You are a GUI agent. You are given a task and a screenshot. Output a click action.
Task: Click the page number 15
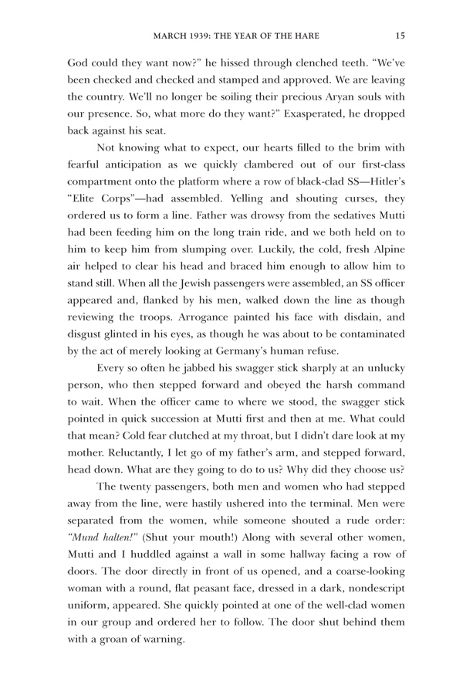[x=399, y=34]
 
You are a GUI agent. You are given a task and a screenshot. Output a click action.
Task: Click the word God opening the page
[x=80, y=59]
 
